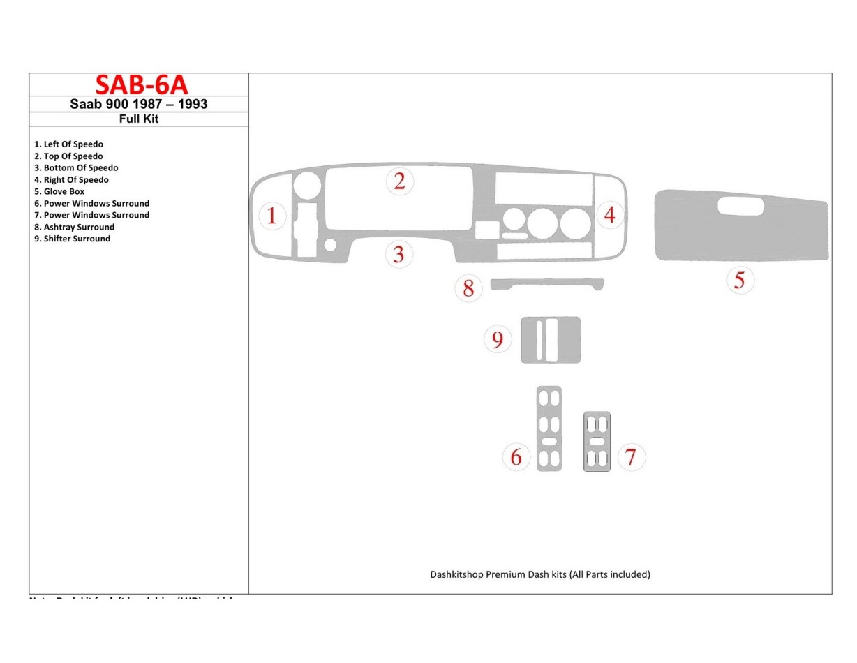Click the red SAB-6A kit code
pyautogui.click(x=141, y=84)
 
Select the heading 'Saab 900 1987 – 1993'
pyautogui.click(x=138, y=104)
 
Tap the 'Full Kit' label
pyautogui.click(x=138, y=119)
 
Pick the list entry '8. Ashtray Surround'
pyautogui.click(x=74, y=227)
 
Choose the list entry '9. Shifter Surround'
pyautogui.click(x=72, y=239)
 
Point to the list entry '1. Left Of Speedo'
pyautogui.click(x=68, y=144)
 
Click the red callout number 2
pyautogui.click(x=399, y=181)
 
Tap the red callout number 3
pyautogui.click(x=398, y=254)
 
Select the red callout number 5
pyautogui.click(x=739, y=281)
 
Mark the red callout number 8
pyautogui.click(x=468, y=288)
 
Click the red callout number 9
pyautogui.click(x=497, y=340)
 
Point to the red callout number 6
pyautogui.click(x=516, y=457)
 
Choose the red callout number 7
pyautogui.click(x=630, y=457)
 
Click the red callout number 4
pyautogui.click(x=609, y=215)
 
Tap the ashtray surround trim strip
pyautogui.click(x=546, y=283)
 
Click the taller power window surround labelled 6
pyautogui.click(x=549, y=428)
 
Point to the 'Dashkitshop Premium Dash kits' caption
pyautogui.click(x=539, y=574)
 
